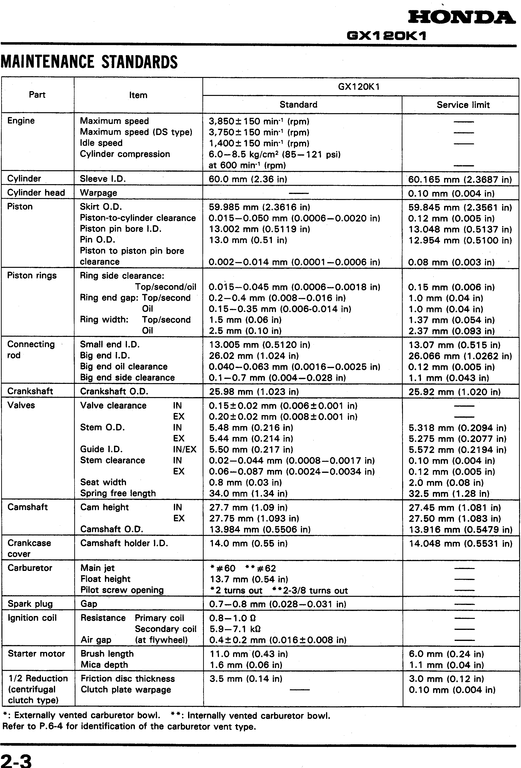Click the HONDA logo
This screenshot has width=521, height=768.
pos(461,18)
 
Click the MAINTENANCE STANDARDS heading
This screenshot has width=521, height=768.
pos(89,62)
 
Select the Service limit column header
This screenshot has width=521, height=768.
pos(463,105)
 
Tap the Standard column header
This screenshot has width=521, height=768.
pos(298,105)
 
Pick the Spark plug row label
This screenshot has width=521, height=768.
pos(30,604)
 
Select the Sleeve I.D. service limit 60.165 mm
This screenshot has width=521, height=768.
pos(460,179)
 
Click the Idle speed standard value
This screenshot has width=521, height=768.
pos(259,143)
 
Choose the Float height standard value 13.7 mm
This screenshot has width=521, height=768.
pos(249,579)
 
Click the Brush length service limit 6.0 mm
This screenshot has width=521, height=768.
pos(446,654)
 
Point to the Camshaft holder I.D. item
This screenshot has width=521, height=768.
pos(124,543)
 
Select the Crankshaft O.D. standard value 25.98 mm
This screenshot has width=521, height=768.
pos(254,392)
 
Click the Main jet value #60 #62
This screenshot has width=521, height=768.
pos(243,568)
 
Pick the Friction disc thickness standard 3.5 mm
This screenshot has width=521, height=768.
pos(246,679)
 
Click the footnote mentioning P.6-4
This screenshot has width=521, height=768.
pos(129,726)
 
